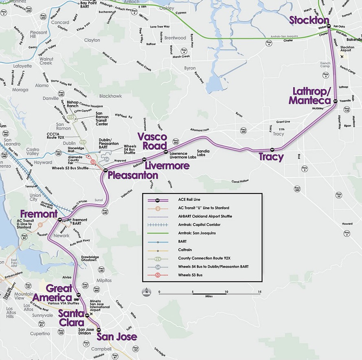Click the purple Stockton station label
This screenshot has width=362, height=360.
point(309,20)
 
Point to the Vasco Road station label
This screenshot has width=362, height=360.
point(152,141)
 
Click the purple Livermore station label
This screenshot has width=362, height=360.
point(167,166)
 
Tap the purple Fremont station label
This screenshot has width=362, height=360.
point(39,214)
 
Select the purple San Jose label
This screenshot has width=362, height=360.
point(116,337)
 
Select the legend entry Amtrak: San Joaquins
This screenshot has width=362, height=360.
point(197,233)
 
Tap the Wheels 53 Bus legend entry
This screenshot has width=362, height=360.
point(190,275)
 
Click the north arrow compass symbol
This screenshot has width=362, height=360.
point(147,291)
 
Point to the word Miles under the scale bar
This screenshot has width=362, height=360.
point(209,296)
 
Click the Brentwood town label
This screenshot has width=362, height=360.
point(175,38)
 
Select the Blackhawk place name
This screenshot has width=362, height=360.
point(110,96)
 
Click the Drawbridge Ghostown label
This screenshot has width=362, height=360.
point(89,259)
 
